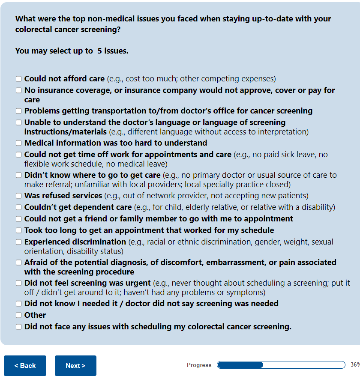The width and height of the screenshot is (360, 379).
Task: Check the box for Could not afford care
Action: click(18, 79)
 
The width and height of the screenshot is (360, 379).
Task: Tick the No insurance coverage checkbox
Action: click(18, 90)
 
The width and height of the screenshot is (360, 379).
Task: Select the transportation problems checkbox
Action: click(18, 111)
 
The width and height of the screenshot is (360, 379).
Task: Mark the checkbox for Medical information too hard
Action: click(18, 143)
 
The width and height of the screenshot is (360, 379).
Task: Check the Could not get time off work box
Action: click(18, 155)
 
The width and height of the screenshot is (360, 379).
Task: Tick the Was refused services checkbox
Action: click(18, 196)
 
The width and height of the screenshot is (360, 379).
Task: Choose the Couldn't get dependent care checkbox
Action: click(18, 207)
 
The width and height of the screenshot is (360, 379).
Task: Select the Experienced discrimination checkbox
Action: click(18, 242)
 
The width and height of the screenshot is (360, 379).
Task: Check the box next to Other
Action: click(18, 315)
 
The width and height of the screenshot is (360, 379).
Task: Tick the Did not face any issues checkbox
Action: click(18, 327)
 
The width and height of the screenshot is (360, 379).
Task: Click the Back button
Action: click(25, 366)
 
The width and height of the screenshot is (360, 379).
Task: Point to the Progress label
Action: click(199, 365)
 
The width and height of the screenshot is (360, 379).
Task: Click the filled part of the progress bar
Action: click(240, 365)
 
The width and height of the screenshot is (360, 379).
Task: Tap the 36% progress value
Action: click(355, 365)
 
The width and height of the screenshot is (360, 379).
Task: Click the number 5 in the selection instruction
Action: click(99, 51)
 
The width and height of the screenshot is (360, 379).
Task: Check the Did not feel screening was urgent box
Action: click(18, 283)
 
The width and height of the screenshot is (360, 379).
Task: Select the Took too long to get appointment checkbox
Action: click(18, 230)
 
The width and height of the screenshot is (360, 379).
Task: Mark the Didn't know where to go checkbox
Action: click(18, 175)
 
